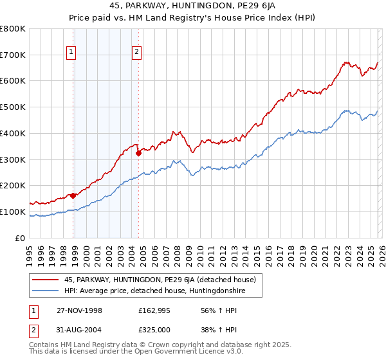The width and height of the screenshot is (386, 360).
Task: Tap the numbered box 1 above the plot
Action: click(x=72, y=53)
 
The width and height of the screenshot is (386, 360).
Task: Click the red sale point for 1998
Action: click(x=73, y=195)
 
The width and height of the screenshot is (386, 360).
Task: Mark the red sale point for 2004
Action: click(x=138, y=153)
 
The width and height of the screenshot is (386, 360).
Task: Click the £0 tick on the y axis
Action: click(x=21, y=238)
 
